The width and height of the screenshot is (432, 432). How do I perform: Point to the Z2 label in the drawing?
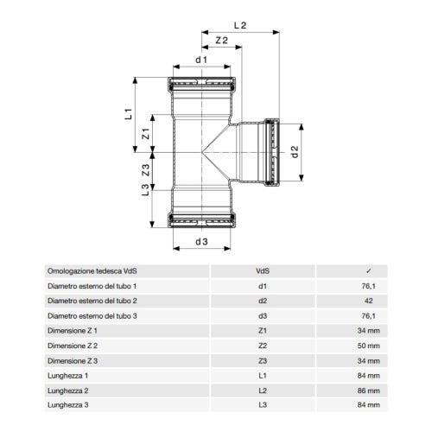[x=220, y=41]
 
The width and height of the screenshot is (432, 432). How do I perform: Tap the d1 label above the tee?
[x=201, y=60]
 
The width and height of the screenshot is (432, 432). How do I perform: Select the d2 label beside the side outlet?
[x=295, y=152]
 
